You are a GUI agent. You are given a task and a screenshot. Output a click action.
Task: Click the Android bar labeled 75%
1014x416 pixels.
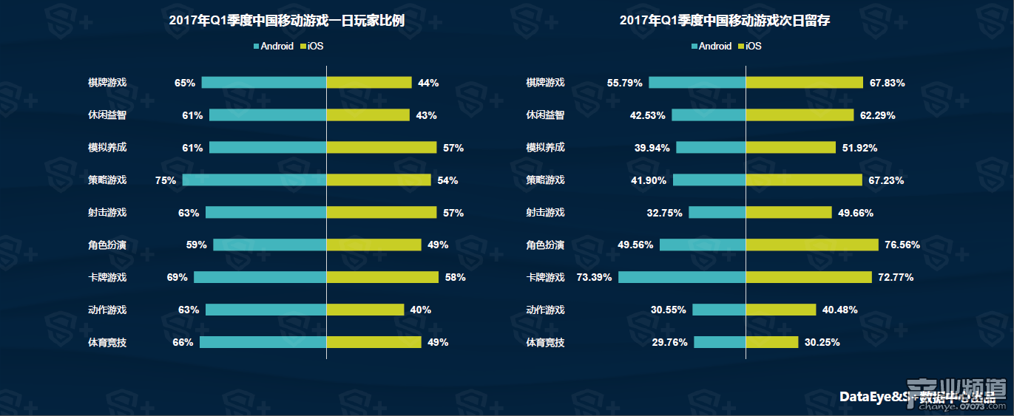[x=254, y=180]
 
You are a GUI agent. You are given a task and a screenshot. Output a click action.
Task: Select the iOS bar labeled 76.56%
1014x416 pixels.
[x=812, y=245]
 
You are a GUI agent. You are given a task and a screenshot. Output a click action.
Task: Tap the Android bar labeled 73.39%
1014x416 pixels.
[x=682, y=277]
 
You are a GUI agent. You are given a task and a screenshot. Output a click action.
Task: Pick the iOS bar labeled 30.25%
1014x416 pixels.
[x=772, y=342]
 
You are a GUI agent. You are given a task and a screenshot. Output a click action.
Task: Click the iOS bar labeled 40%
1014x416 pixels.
[x=365, y=310]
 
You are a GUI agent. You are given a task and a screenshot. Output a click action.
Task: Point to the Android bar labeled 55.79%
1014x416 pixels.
[x=697, y=82]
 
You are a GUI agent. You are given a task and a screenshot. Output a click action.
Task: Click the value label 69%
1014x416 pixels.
[x=178, y=277]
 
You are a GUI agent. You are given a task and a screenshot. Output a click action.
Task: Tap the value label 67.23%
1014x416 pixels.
[x=887, y=180]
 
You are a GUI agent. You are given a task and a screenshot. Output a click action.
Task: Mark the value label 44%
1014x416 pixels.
[x=428, y=83]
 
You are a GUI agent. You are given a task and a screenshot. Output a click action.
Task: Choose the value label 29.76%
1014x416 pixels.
[x=669, y=342]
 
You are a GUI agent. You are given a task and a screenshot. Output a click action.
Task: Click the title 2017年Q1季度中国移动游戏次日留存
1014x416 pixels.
[x=725, y=21]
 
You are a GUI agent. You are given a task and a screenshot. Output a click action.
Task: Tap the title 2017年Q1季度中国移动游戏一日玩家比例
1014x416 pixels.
[x=287, y=21]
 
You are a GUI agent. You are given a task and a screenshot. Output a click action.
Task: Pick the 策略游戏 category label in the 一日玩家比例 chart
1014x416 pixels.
[x=107, y=180]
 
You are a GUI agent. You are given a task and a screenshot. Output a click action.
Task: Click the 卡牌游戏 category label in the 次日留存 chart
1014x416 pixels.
[x=545, y=278]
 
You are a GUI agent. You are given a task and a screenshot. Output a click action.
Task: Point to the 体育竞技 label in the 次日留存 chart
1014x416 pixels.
[x=545, y=342]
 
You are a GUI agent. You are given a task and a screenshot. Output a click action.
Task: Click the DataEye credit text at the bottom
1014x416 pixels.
[x=917, y=397]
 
